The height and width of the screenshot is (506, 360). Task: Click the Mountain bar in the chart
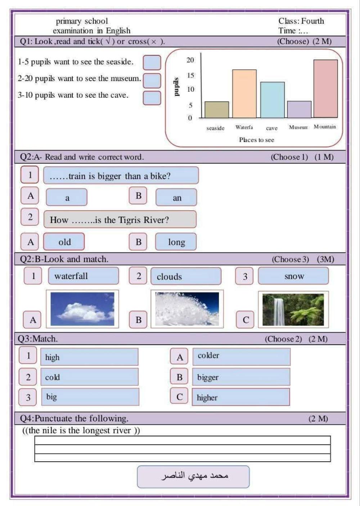[x=325, y=89]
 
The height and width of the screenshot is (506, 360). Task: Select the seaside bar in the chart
[x=217, y=109]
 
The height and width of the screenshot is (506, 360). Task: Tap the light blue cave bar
[x=272, y=100]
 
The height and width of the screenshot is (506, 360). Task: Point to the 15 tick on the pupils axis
[x=190, y=75]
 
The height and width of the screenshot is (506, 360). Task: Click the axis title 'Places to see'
[x=256, y=140]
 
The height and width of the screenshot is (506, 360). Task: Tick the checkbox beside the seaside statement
[x=152, y=62]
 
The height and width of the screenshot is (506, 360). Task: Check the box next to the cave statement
[x=152, y=98]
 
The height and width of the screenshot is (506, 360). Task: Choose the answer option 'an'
[x=176, y=197]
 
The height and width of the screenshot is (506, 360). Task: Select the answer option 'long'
[x=176, y=242]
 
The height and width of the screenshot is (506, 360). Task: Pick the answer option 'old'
[x=64, y=242]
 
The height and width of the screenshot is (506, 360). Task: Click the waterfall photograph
[x=293, y=309]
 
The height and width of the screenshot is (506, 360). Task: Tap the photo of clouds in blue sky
[x=82, y=309]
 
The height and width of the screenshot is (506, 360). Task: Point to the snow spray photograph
[x=187, y=309]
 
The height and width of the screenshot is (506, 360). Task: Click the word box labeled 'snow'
[x=293, y=276]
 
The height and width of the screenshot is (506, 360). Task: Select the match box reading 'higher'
[x=241, y=397]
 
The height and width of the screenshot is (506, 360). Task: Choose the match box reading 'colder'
[x=241, y=356]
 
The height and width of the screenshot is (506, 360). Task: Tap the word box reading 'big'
[x=90, y=397]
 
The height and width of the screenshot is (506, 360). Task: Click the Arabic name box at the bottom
[x=193, y=476]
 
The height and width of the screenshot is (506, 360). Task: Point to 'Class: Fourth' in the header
[x=301, y=21]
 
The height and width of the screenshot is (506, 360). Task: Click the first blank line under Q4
[x=182, y=440]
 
